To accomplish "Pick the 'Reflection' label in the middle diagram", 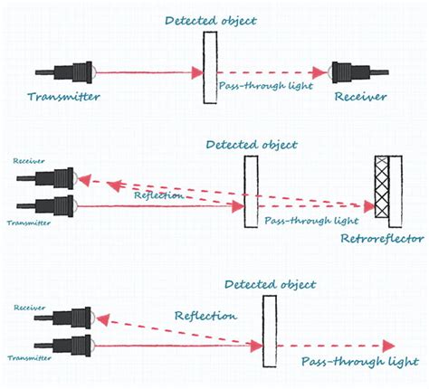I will coord(159,194).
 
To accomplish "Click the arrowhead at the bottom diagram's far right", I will coord(387,346).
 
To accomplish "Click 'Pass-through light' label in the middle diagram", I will coord(302,220).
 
